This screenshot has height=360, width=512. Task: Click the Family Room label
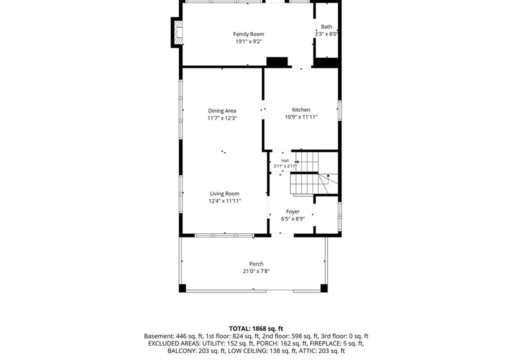(248, 34)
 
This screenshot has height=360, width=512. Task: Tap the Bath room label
(326, 27)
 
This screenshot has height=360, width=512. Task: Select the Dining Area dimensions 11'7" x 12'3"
(222, 118)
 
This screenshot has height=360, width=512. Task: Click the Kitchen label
(301, 110)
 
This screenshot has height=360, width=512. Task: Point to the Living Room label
(224, 193)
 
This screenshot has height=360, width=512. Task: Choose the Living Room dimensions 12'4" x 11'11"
(224, 201)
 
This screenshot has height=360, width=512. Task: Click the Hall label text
(285, 160)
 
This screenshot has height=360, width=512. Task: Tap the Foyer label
(293, 211)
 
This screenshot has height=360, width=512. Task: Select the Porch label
(256, 264)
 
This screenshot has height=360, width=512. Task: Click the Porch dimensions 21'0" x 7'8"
(256, 271)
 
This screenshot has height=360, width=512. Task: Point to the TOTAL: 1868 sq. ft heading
(256, 328)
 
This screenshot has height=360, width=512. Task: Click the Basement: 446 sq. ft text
(173, 336)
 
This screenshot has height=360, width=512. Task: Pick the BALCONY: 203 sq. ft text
(196, 351)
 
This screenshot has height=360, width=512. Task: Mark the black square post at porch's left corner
(182, 288)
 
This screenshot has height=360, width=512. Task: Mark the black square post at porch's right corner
(324, 288)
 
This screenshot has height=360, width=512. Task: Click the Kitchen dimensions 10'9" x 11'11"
(301, 117)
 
